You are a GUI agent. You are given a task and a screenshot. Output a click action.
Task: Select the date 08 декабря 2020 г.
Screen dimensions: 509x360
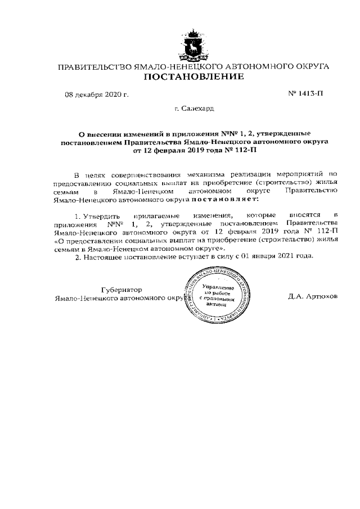click(97, 94)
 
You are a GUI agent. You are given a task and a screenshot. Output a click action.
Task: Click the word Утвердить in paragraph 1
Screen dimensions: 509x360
click(100, 215)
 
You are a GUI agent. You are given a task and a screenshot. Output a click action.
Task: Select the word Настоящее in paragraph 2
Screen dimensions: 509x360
click(102, 256)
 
